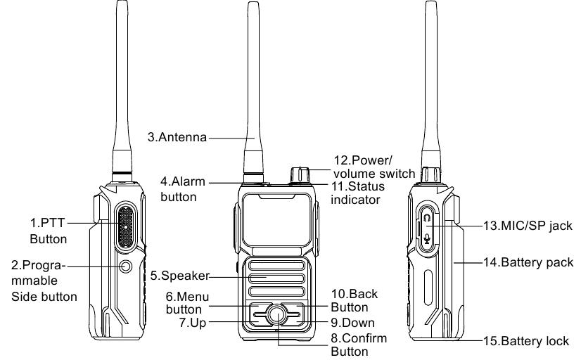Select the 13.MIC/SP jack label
coord(528,226)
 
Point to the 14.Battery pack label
coord(528,262)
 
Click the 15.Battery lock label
coord(525,342)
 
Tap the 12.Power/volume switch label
coord(369,167)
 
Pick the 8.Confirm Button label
coord(359,345)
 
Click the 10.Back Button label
coord(350,300)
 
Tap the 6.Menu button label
coord(184,302)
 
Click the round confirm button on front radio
coord(276,316)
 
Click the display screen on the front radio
coord(276,217)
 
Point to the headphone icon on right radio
coord(427,218)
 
